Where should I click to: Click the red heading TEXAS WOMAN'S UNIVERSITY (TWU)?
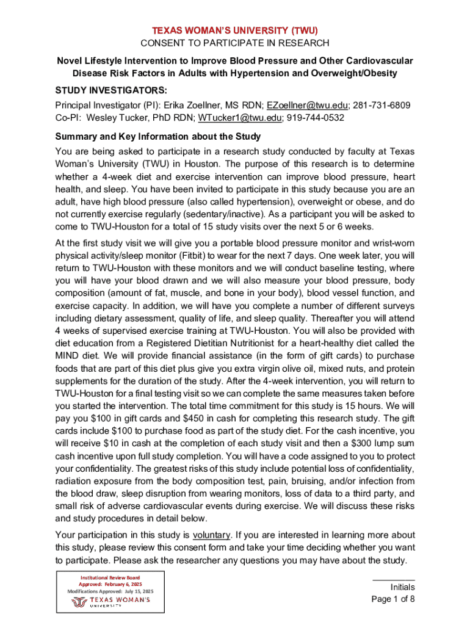pyautogui.click(x=235, y=30)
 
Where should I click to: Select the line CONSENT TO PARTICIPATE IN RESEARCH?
pyautogui.click(x=235, y=43)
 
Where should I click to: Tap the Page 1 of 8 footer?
pyautogui.click(x=393, y=599)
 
